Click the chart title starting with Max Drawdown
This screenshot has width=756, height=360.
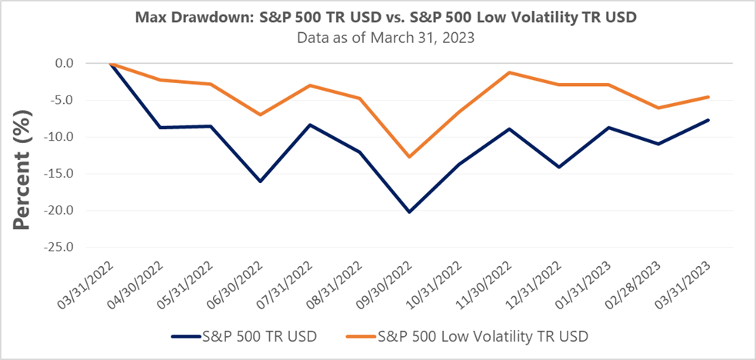pos(378,16)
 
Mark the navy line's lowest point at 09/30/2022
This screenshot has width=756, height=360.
pos(409,212)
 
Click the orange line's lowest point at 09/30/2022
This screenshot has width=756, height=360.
pos(409,157)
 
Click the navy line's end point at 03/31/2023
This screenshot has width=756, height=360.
pos(708,120)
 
